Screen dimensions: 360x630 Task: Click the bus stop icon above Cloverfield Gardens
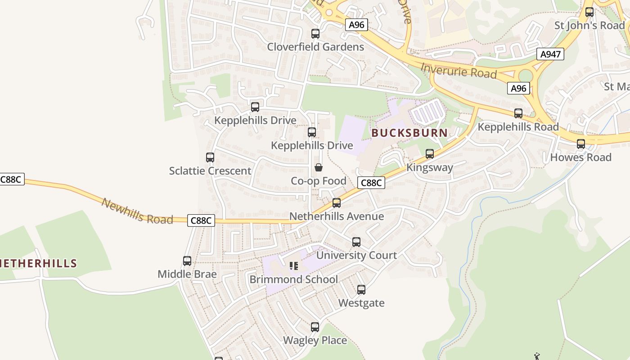[315, 34]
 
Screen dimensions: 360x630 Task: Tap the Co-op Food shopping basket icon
[319, 168]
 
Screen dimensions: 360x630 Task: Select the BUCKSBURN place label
[409, 133]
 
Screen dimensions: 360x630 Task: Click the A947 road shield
[550, 54]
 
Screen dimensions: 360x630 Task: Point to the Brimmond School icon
[294, 266]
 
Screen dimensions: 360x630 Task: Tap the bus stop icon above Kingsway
[430, 154]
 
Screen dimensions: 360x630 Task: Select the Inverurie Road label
[459, 71]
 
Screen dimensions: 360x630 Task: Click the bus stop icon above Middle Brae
[187, 261]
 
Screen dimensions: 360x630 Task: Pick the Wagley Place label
[315, 340]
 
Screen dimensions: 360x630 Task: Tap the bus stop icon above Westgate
[361, 290]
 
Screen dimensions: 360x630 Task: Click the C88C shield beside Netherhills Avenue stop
[371, 183]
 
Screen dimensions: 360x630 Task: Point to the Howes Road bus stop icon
[581, 144]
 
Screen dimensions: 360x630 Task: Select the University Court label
[356, 255]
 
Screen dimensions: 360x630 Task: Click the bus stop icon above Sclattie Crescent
[210, 157]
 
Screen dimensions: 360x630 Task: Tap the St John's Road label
[589, 25]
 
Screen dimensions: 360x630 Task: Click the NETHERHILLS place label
[38, 264]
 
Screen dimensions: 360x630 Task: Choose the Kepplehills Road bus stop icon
[518, 113]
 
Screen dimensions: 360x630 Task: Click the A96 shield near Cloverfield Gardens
[356, 25]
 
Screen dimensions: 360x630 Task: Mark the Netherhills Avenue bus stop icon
[337, 203]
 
